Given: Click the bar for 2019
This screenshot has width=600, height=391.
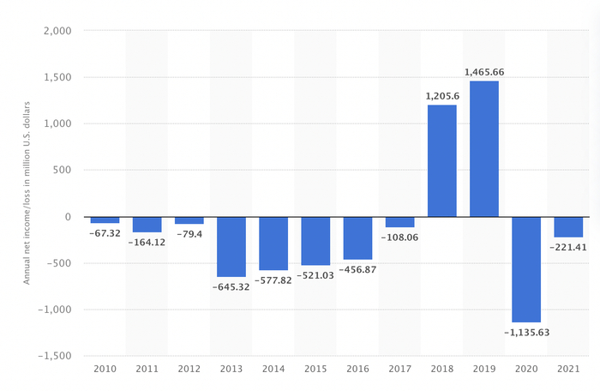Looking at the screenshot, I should (x=484, y=148).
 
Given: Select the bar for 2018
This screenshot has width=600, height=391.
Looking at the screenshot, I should (x=442, y=160).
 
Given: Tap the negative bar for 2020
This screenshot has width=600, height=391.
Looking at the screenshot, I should (x=526, y=269).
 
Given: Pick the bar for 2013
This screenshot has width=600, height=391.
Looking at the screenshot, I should (x=231, y=246).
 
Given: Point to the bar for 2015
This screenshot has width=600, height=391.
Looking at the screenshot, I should (x=315, y=241).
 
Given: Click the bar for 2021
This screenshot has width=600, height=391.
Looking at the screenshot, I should (x=568, y=226).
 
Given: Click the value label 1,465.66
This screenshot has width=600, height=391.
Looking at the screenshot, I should (x=484, y=72).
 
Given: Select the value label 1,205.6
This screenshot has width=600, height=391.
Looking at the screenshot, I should (x=442, y=96).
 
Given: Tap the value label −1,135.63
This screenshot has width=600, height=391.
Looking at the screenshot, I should (x=526, y=332).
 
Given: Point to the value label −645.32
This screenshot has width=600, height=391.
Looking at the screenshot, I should (x=231, y=286).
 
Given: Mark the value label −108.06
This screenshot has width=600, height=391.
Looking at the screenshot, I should (x=399, y=237).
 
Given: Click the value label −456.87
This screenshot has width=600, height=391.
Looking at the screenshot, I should (x=357, y=269).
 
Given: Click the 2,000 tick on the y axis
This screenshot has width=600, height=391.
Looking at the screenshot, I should (x=57, y=31).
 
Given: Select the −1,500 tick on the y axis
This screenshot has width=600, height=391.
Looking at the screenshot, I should (x=54, y=356).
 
